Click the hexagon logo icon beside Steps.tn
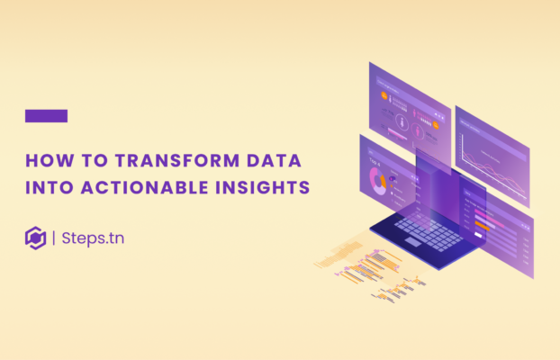(x=35, y=238)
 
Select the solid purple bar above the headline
(x=46, y=115)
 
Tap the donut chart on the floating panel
(x=376, y=180)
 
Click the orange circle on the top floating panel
(x=435, y=125)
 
